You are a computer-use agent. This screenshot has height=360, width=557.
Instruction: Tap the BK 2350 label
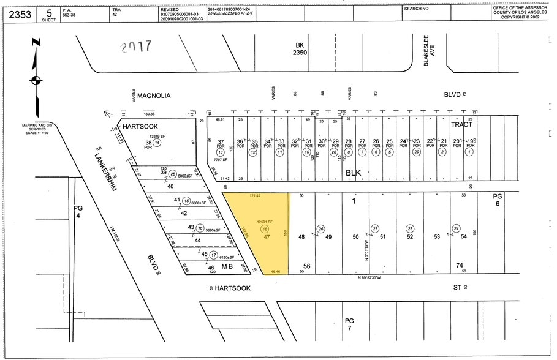click(x=300, y=50)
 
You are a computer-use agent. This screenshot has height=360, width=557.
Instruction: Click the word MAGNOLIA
click(x=153, y=96)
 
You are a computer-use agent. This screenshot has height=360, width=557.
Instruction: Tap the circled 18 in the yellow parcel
click(x=265, y=228)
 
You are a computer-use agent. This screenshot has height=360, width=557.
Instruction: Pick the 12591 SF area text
click(x=265, y=221)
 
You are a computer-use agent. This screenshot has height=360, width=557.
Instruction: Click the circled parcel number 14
click(x=157, y=142)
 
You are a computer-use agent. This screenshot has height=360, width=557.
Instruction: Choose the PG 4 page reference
click(x=78, y=212)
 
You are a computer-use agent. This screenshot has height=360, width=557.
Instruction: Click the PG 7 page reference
click(x=349, y=324)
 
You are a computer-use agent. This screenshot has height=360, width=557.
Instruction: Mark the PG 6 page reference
click(x=498, y=200)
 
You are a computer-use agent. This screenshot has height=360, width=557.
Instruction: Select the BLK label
click(x=354, y=173)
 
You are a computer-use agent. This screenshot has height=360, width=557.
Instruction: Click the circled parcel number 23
click(x=409, y=228)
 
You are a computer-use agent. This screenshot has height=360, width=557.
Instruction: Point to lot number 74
click(x=460, y=265)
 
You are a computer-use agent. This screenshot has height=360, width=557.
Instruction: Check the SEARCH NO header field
click(x=417, y=9)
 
